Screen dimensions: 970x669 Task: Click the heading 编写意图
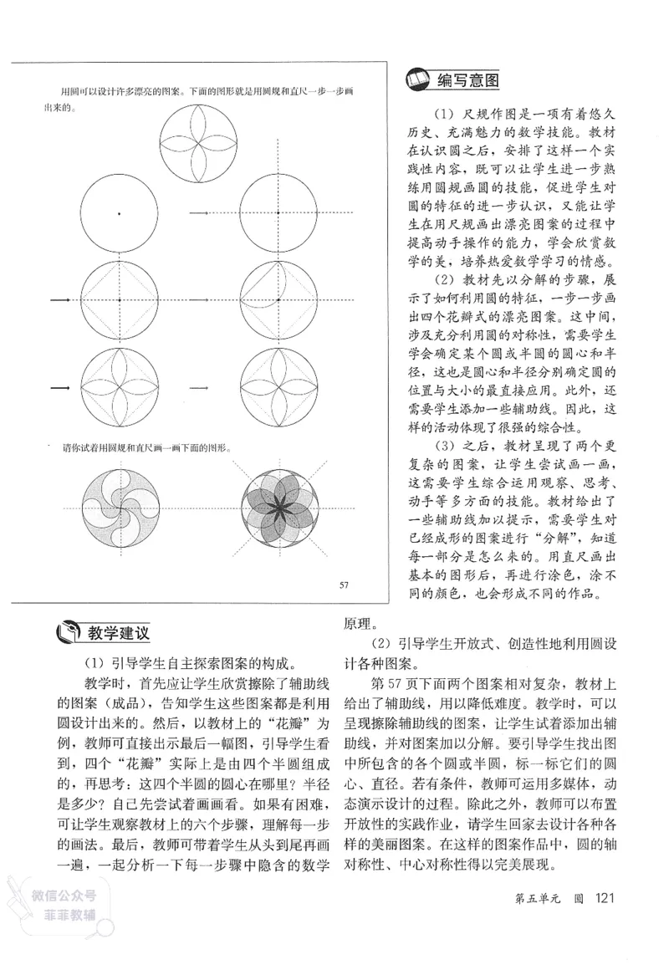[469, 80]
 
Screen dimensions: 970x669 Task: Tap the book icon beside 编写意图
[416, 80]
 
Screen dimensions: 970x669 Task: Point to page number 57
[343, 585]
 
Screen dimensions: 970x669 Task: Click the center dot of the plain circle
[118, 215]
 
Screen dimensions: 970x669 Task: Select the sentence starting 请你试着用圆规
[146, 447]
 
